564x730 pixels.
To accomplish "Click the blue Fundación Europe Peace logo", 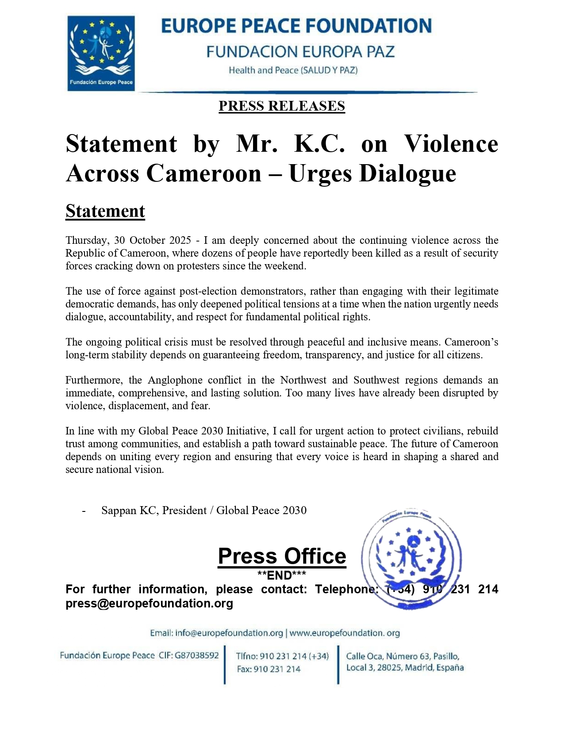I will pos(101,53).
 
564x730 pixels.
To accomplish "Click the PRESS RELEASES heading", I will pos(281,106).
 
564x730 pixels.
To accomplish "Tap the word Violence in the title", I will pos(451,144).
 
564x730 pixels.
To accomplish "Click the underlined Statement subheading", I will pos(105,211).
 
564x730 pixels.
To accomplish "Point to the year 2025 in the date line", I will pos(180,240).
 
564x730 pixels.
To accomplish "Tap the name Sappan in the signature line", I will pos(119,510).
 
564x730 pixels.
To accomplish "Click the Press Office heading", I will pos(282,556).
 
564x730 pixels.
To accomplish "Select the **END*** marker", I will pos(282,575).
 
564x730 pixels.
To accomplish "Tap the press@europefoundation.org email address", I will pos(149,603).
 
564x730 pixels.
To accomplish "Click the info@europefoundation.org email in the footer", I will pos(229,633).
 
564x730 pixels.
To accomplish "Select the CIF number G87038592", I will pos(197,655).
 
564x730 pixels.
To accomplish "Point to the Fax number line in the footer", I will pos(269,669).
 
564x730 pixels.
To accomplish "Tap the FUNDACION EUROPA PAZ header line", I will pos(300,52).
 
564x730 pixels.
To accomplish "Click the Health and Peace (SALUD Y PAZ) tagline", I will pos(293,70).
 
